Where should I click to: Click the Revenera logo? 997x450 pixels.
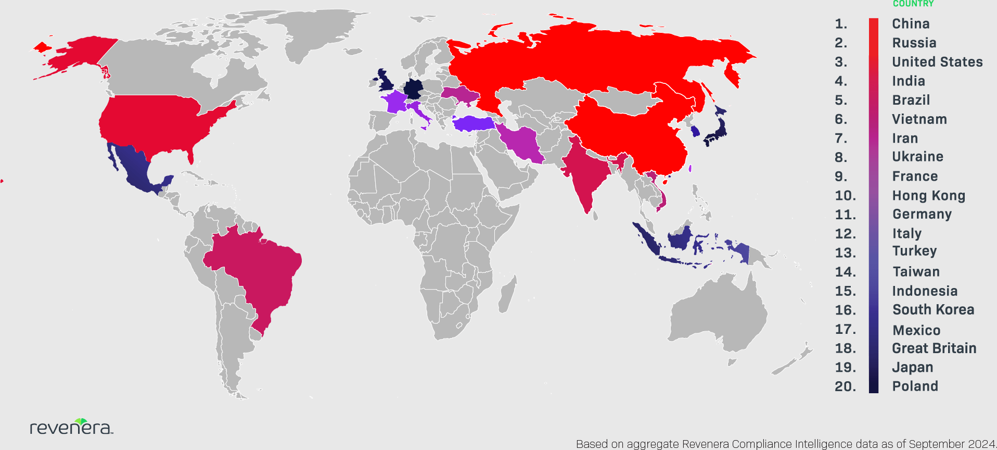pyautogui.click(x=71, y=427)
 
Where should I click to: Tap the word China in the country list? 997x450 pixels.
pyautogui.click(x=911, y=24)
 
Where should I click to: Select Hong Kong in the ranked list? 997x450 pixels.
pyautogui.click(x=928, y=196)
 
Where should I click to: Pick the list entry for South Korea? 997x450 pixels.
pyautogui.click(x=933, y=310)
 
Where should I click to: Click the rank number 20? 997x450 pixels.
pyautogui.click(x=845, y=386)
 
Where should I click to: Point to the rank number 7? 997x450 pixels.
pyautogui.click(x=841, y=139)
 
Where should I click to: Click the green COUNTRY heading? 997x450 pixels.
pyautogui.click(x=913, y=4)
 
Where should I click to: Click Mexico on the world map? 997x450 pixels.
pyautogui.click(x=135, y=167)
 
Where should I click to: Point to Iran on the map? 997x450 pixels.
pyautogui.click(x=523, y=143)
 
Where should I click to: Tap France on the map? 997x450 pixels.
pyautogui.click(x=396, y=102)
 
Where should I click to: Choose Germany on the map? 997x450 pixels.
pyautogui.click(x=414, y=89)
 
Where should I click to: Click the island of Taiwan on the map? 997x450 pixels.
pyautogui.click(x=690, y=169)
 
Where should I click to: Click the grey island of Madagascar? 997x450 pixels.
pyautogui.click(x=507, y=294)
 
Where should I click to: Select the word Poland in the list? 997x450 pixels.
pyautogui.click(x=915, y=386)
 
